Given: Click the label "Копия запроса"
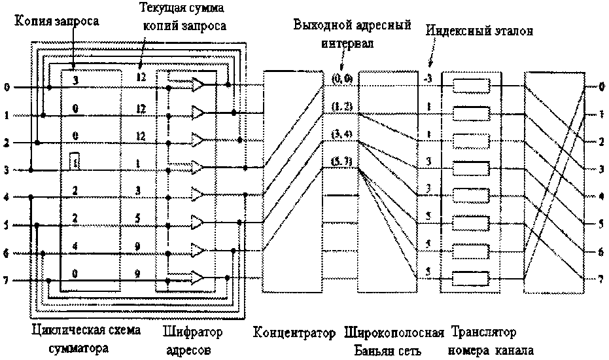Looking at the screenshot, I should [57, 22].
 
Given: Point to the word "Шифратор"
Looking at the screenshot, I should [193, 332].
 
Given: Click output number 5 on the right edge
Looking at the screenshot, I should [601, 224].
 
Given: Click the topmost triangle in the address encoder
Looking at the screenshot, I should [198, 85].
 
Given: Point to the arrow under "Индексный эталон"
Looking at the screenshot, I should [430, 62].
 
